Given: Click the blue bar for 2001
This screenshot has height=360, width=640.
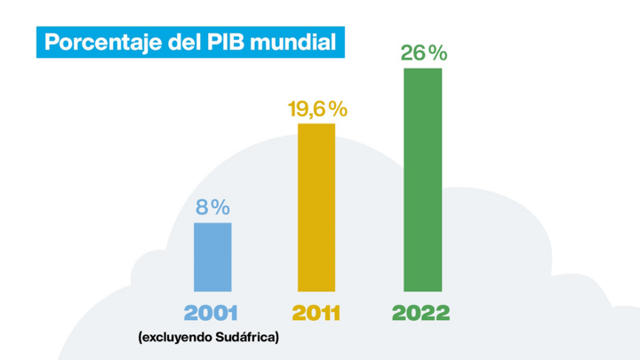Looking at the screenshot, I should pyautogui.click(x=212, y=257).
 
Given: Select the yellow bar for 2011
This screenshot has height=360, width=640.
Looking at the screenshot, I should pyautogui.click(x=316, y=207).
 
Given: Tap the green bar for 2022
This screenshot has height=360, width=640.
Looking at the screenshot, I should pyautogui.click(x=422, y=180).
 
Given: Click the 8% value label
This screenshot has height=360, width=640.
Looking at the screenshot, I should pyautogui.click(x=212, y=207).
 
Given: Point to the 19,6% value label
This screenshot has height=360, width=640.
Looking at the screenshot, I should pyautogui.click(x=316, y=109).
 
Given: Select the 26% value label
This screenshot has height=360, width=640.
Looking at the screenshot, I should pyautogui.click(x=423, y=52).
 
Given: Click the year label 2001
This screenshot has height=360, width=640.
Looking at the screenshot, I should pyautogui.click(x=212, y=314).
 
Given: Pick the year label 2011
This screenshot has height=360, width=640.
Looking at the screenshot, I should pyautogui.click(x=316, y=314).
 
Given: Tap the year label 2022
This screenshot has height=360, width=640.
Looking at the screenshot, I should pyautogui.click(x=421, y=314).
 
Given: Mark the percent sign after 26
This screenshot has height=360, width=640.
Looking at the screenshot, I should pyautogui.click(x=436, y=52).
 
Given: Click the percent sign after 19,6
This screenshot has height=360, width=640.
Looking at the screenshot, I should pyautogui.click(x=336, y=109).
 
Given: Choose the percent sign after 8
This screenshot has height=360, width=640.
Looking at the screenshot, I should pyautogui.click(x=220, y=207).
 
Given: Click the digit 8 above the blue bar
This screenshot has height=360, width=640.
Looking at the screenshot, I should pyautogui.click(x=202, y=207).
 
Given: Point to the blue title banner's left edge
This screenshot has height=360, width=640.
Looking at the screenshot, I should pyautogui.click(x=37, y=42).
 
